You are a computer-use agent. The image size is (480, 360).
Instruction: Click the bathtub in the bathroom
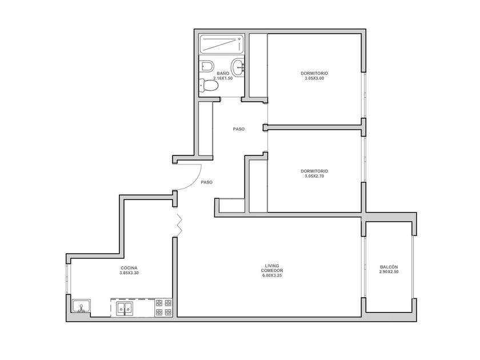tap(222, 45)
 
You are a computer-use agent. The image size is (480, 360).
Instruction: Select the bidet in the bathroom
tap(206, 66)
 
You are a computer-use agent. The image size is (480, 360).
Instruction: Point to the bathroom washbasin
tap(238, 67)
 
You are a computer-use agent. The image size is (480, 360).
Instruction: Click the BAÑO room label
tap(223, 74)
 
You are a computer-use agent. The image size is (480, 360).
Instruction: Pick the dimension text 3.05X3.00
tap(314, 78)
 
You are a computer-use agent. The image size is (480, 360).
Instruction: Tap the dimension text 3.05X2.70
tap(314, 177)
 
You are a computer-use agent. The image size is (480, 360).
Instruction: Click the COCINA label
tap(129, 268)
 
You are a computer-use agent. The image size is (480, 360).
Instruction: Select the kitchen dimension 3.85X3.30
tap(129, 273)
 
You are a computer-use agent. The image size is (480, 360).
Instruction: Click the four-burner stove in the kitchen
tap(163, 307)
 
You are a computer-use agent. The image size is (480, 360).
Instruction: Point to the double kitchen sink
tap(125, 308)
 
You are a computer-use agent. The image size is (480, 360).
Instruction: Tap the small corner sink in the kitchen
tap(81, 306)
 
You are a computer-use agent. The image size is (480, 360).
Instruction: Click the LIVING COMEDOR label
tap(272, 268)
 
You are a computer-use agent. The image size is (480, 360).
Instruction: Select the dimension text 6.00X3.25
tap(272, 275)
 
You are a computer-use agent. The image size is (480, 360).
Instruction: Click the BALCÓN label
tap(389, 267)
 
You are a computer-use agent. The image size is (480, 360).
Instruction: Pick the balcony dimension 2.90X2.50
tap(389, 272)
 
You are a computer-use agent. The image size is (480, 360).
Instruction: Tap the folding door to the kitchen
tap(179, 225)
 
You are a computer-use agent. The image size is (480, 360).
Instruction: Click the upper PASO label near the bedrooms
tap(239, 129)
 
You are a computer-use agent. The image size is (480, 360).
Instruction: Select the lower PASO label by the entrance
tap(207, 182)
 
